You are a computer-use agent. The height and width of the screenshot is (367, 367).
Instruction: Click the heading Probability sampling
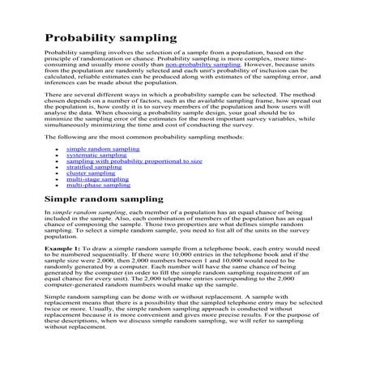(x=110, y=38)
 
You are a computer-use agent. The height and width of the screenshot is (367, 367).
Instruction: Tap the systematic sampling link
(x=91, y=156)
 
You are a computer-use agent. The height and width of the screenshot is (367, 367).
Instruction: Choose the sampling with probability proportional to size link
(x=134, y=161)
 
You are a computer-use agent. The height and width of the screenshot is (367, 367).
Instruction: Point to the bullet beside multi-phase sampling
(x=54, y=186)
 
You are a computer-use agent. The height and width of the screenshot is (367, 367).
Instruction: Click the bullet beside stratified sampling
(x=54, y=168)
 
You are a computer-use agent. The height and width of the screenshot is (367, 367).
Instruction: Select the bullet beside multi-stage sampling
(x=54, y=180)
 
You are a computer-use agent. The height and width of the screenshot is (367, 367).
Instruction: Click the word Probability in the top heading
(x=80, y=38)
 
